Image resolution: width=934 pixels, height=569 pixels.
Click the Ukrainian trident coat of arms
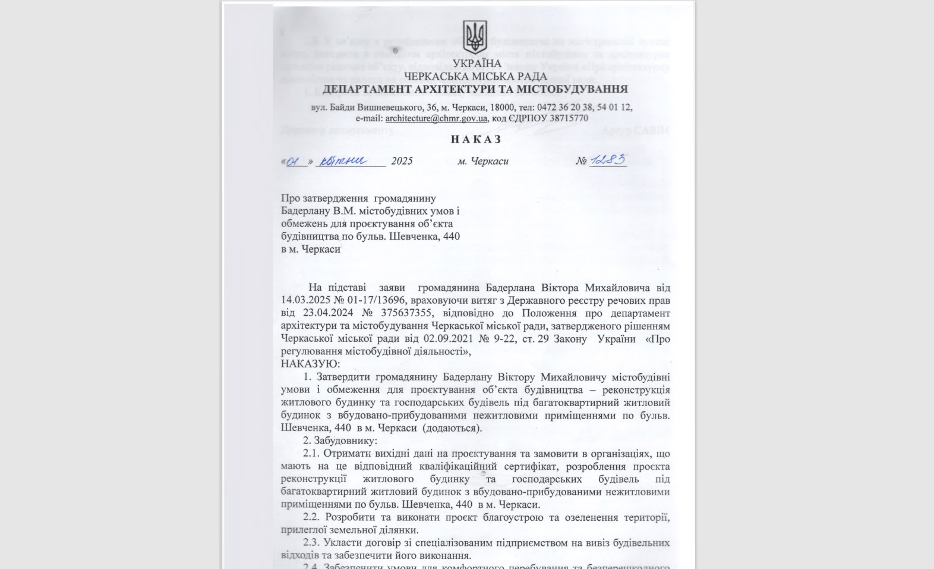coord(475,37)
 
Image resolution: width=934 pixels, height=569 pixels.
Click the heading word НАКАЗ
coord(476,139)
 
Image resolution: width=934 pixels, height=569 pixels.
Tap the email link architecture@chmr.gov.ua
coord(436,118)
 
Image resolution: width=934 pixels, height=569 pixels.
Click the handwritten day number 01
coord(295,161)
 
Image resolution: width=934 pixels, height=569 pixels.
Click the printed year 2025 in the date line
coord(402,161)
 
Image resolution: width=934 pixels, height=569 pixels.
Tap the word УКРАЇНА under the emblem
coord(477,64)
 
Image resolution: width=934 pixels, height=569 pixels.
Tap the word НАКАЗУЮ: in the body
coord(310,364)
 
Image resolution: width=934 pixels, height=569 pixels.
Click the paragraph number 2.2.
coord(311,517)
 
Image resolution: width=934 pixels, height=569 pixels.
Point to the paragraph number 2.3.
coord(311,543)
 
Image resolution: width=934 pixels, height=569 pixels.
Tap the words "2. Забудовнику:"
coord(339,441)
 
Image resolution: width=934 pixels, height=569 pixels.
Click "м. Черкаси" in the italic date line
coord(482,161)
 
